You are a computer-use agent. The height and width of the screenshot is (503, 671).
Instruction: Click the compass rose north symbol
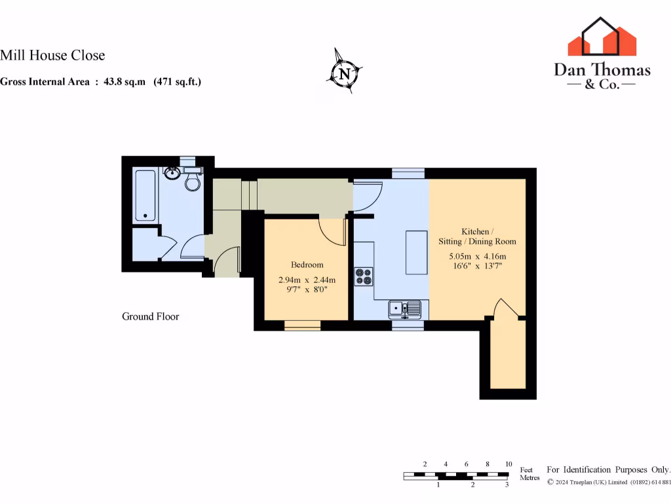pyautogui.click(x=345, y=71)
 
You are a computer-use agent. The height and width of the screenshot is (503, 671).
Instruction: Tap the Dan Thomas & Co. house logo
pyautogui.click(x=602, y=37)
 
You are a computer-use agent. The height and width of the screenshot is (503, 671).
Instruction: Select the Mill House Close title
pyautogui.click(x=52, y=56)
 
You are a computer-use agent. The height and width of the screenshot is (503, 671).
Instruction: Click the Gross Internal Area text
pyautogui.click(x=100, y=82)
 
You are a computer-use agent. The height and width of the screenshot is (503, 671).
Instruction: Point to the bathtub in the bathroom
pyautogui.click(x=144, y=196)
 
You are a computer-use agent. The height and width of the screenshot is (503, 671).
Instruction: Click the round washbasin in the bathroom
pyautogui.click(x=173, y=174)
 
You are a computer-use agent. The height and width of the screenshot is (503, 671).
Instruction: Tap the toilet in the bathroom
pyautogui.click(x=193, y=181)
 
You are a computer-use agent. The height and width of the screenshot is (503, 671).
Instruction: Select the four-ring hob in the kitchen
pyautogui.click(x=364, y=277)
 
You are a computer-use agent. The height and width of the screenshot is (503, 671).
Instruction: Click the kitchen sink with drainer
pyautogui.click(x=405, y=308)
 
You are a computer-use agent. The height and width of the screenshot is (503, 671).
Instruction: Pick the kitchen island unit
pyautogui.click(x=416, y=252)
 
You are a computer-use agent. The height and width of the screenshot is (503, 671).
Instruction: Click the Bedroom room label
pyautogui.click(x=307, y=265)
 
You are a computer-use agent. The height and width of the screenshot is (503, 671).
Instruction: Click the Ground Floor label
pyautogui.click(x=150, y=316)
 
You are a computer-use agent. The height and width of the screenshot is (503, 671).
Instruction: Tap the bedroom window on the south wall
pyautogui.click(x=302, y=325)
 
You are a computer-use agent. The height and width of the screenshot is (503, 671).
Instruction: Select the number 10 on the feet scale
pyautogui.click(x=508, y=464)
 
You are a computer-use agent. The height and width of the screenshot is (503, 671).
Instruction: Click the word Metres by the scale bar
pyautogui.click(x=529, y=478)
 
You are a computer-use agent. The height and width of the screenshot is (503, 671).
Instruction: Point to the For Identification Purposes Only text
pyautogui.click(x=609, y=470)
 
